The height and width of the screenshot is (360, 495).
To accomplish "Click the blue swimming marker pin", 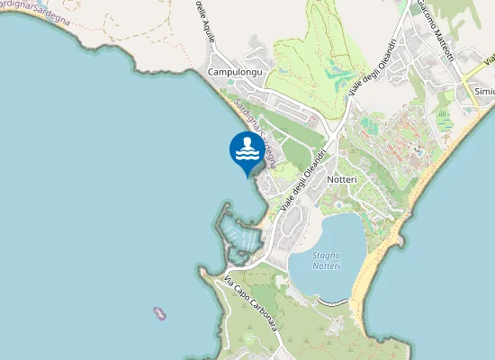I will tap(247, 151).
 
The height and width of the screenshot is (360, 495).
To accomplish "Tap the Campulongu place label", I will tap(234, 72).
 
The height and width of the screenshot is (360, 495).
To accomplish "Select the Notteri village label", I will tap(343, 180).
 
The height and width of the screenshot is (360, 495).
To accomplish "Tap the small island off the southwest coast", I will tap(160, 314).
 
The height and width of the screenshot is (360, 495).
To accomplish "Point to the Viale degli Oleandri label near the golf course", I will tap(366, 87).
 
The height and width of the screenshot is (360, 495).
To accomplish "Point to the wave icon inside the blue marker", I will tap(247, 148).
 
